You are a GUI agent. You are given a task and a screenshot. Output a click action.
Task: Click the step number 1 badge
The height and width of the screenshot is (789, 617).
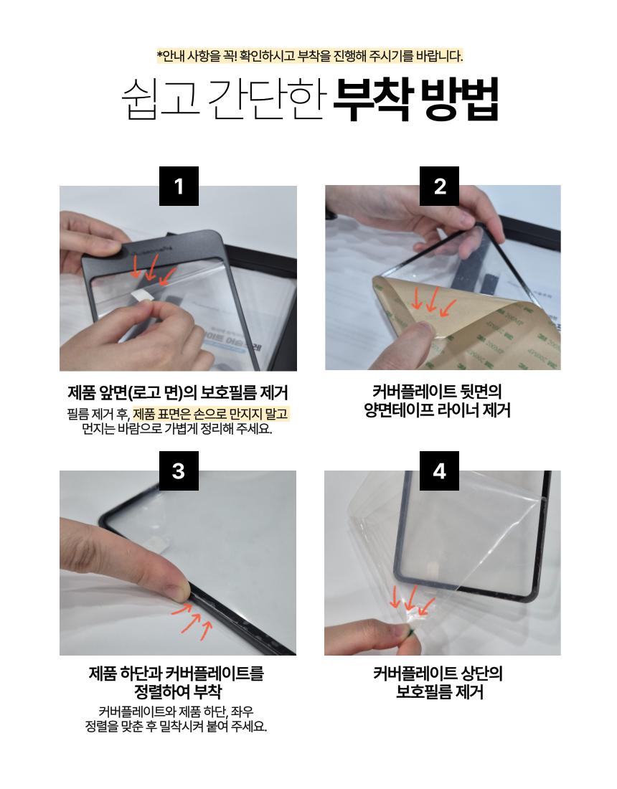tap(179, 186)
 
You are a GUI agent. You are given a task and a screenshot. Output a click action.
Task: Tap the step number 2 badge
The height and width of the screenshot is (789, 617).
tap(439, 186)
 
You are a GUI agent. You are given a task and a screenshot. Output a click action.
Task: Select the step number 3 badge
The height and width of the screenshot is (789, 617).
tap(179, 471)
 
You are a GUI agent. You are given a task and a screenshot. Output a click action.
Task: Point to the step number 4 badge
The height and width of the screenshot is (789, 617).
tap(439, 471)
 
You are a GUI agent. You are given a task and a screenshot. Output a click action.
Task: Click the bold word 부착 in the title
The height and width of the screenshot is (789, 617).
tap(373, 99)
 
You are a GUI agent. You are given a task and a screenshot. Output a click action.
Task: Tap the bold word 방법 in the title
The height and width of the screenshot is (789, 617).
tap(459, 99)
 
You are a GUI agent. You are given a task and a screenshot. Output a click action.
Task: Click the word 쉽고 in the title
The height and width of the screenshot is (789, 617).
tap(161, 99)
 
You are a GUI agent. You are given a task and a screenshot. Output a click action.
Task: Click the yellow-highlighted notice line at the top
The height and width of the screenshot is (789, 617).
tap(309, 56)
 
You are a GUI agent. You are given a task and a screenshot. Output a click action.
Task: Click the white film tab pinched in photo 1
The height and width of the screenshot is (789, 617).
tap(142, 295)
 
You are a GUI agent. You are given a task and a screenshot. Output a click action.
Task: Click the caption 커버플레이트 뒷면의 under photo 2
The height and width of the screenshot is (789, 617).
tap(438, 392)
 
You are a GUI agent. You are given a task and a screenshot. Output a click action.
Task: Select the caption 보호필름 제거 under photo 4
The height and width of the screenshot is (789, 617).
tap(439, 692)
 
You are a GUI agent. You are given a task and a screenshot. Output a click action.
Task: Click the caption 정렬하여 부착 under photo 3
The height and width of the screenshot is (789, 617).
tap(178, 691)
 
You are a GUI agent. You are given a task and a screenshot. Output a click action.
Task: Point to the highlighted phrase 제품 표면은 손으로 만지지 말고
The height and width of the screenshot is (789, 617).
tap(211, 414)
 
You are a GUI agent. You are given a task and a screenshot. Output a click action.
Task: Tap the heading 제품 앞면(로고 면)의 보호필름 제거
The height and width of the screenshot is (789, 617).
tap(178, 392)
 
